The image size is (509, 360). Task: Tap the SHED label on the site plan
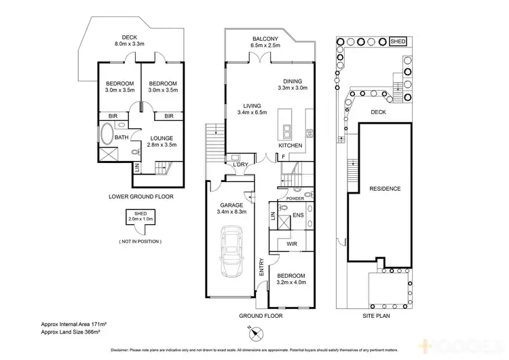[398, 41]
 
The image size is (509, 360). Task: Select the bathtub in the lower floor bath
[107, 134]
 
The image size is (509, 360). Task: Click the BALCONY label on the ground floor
[265, 39]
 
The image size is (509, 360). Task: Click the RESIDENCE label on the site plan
[385, 189]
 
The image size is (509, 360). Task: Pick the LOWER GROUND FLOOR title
[141, 196]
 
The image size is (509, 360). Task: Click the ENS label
[297, 217]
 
